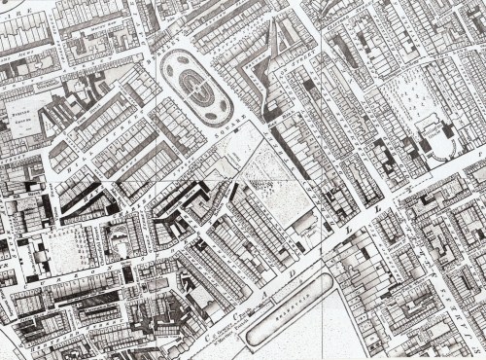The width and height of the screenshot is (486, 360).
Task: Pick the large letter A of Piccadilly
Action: [x=263, y=290]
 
